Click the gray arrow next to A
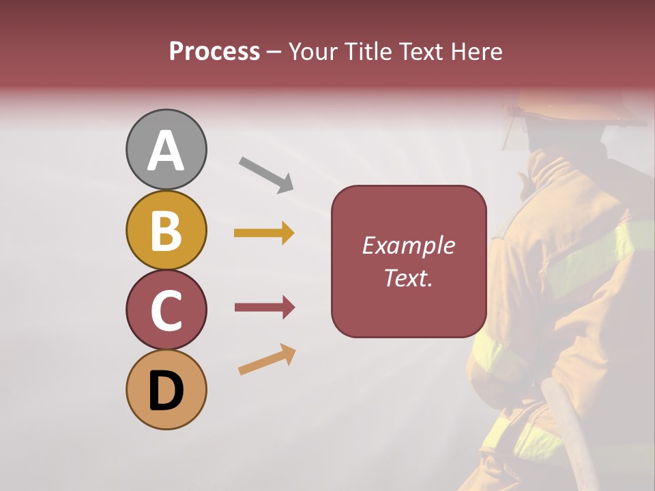point(266,174)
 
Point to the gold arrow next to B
point(264,233)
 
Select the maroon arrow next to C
point(264,308)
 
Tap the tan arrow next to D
point(267,359)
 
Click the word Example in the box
point(408,245)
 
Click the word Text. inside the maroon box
point(408,278)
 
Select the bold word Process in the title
point(214,51)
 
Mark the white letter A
point(166,150)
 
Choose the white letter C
point(166,311)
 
